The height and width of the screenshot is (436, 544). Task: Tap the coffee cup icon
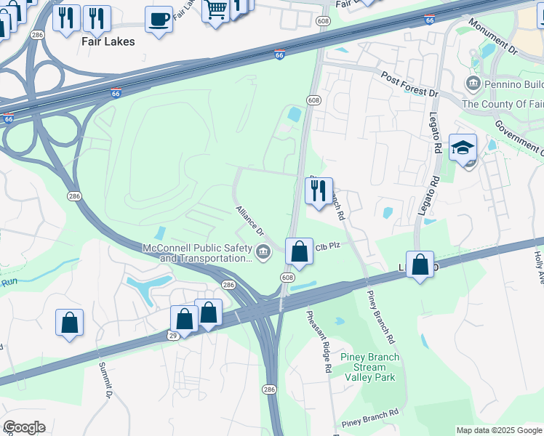(159, 20)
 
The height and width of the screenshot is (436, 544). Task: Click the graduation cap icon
(463, 148)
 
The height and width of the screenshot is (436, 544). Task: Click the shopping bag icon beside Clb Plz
(299, 253)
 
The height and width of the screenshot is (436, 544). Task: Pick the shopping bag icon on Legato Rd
(420, 265)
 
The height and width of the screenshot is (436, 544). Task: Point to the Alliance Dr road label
(249, 220)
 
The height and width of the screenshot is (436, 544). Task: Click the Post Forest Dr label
(410, 84)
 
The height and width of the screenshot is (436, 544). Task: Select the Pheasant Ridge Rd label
(319, 342)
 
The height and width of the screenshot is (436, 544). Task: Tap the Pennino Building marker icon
(473, 84)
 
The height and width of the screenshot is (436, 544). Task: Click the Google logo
(24, 427)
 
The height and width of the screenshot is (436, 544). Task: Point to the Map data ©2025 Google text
(498, 430)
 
